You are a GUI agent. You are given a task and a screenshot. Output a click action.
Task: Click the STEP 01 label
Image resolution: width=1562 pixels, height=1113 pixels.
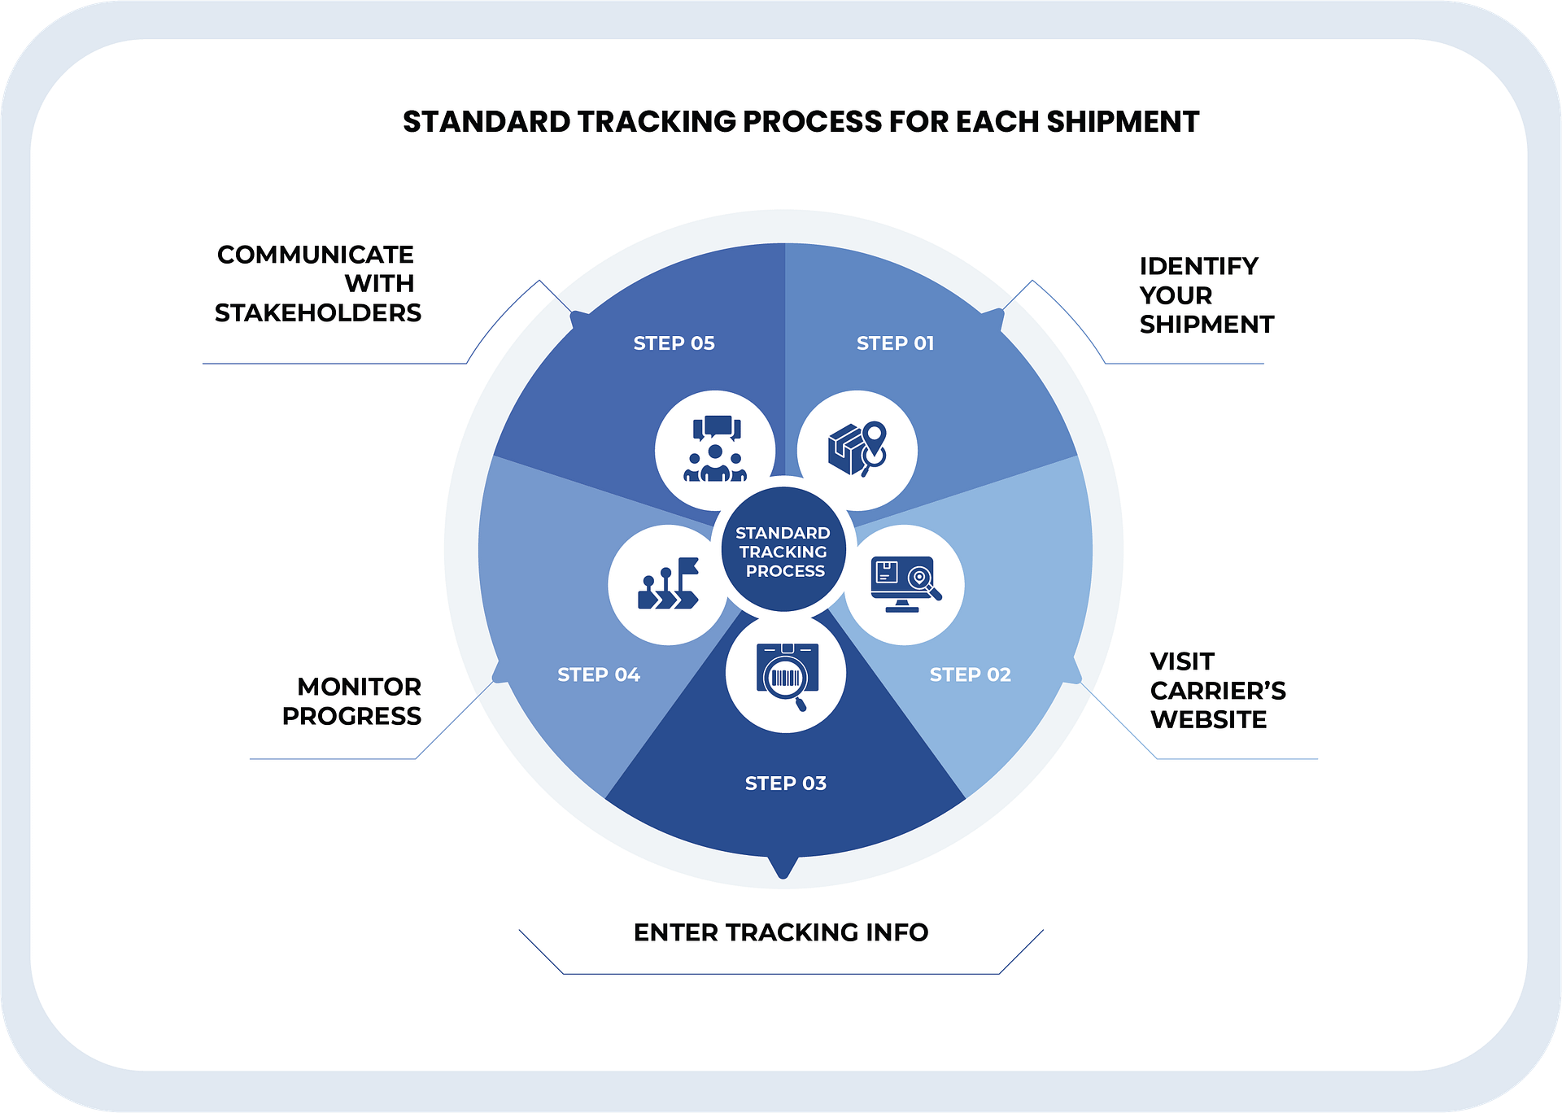pos(895,343)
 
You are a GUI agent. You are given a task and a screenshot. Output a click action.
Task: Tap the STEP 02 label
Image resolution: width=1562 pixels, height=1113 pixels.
pos(970,674)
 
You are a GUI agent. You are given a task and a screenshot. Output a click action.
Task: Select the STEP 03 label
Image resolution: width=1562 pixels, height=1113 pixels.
pos(785,783)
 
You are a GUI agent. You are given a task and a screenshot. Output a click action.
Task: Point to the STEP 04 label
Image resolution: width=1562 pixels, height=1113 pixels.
pos(599,674)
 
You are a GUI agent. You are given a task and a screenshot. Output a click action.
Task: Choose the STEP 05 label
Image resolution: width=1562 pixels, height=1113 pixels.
pos(674,343)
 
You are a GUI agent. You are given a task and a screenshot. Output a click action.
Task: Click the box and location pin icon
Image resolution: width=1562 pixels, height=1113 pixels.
pos(857,450)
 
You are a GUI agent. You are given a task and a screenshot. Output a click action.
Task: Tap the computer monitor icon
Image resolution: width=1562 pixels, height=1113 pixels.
pos(904,584)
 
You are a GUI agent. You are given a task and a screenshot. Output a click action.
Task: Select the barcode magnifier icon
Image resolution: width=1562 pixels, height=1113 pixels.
pos(785,674)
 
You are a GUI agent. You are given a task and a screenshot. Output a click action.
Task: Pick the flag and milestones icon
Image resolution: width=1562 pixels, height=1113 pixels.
pos(668,584)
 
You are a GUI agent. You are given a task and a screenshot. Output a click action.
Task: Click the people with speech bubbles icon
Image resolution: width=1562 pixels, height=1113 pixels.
pos(714,450)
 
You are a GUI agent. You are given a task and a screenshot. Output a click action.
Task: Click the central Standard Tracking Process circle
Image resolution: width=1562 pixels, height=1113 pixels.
pos(783,551)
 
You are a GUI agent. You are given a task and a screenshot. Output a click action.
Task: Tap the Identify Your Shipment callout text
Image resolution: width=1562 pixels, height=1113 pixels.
pos(1206,295)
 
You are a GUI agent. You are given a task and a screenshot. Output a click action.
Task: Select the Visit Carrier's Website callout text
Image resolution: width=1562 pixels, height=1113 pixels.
pos(1217,690)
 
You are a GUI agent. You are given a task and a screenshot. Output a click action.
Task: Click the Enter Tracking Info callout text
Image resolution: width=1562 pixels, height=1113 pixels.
pos(781,932)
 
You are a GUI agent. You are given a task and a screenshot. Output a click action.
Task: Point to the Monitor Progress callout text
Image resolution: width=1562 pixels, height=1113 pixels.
pos(351,701)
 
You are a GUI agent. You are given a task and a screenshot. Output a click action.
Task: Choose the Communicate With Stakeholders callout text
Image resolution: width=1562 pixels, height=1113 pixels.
pos(317,283)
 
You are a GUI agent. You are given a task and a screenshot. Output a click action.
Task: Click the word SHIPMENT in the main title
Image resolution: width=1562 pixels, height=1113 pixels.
pos(1123,122)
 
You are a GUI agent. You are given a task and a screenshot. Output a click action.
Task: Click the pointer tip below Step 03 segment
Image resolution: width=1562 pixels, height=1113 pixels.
pos(783,872)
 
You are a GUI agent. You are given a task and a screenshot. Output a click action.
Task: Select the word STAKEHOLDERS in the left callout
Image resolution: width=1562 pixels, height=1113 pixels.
pos(317,313)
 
